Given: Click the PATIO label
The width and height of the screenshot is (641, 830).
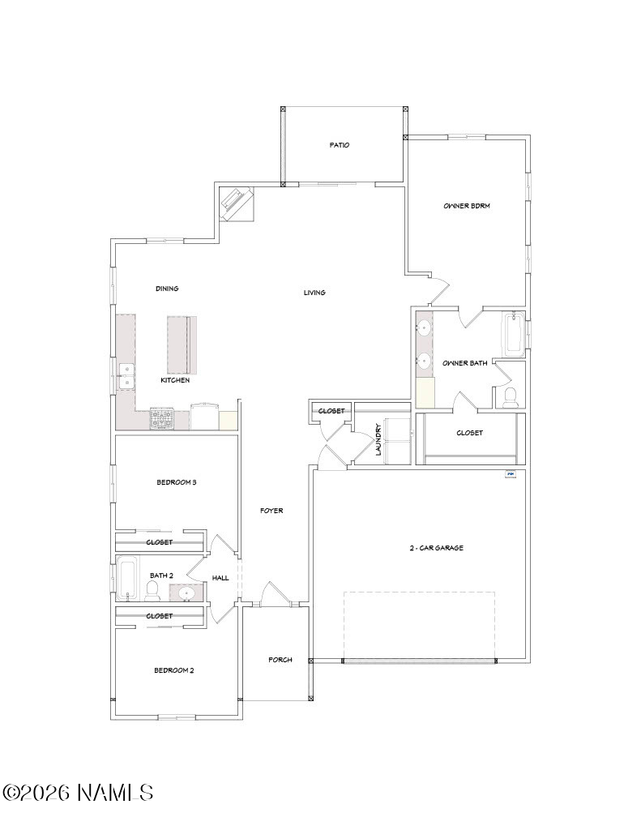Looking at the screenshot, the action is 340,144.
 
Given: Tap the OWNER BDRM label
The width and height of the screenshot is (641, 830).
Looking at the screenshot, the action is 466,205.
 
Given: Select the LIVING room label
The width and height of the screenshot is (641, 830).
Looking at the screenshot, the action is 314,292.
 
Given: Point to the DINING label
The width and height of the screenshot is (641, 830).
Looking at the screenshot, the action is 167,289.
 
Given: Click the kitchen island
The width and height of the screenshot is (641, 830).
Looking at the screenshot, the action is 182,344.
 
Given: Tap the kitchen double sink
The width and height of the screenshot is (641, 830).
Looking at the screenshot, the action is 126,376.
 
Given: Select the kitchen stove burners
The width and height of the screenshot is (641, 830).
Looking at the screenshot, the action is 161,418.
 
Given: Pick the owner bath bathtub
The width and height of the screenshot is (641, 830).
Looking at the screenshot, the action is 514,335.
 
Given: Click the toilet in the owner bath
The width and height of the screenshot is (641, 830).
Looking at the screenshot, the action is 511,398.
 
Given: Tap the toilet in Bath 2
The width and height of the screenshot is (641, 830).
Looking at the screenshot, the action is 152,590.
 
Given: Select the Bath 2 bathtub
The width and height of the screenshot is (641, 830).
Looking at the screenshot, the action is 127,578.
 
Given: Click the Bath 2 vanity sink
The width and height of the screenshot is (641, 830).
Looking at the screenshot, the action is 187,593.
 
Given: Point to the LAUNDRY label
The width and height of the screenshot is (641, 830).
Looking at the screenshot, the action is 378,439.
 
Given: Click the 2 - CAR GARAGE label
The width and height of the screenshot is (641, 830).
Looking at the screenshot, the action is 436,548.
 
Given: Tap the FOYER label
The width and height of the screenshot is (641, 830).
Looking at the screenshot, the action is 271,511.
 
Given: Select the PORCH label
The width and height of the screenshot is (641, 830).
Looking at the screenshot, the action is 280,660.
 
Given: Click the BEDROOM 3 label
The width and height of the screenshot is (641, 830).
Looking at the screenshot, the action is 177,482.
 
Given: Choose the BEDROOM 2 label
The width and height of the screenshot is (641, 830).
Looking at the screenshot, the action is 174,670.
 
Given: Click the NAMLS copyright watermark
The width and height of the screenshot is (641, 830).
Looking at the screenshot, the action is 78,793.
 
